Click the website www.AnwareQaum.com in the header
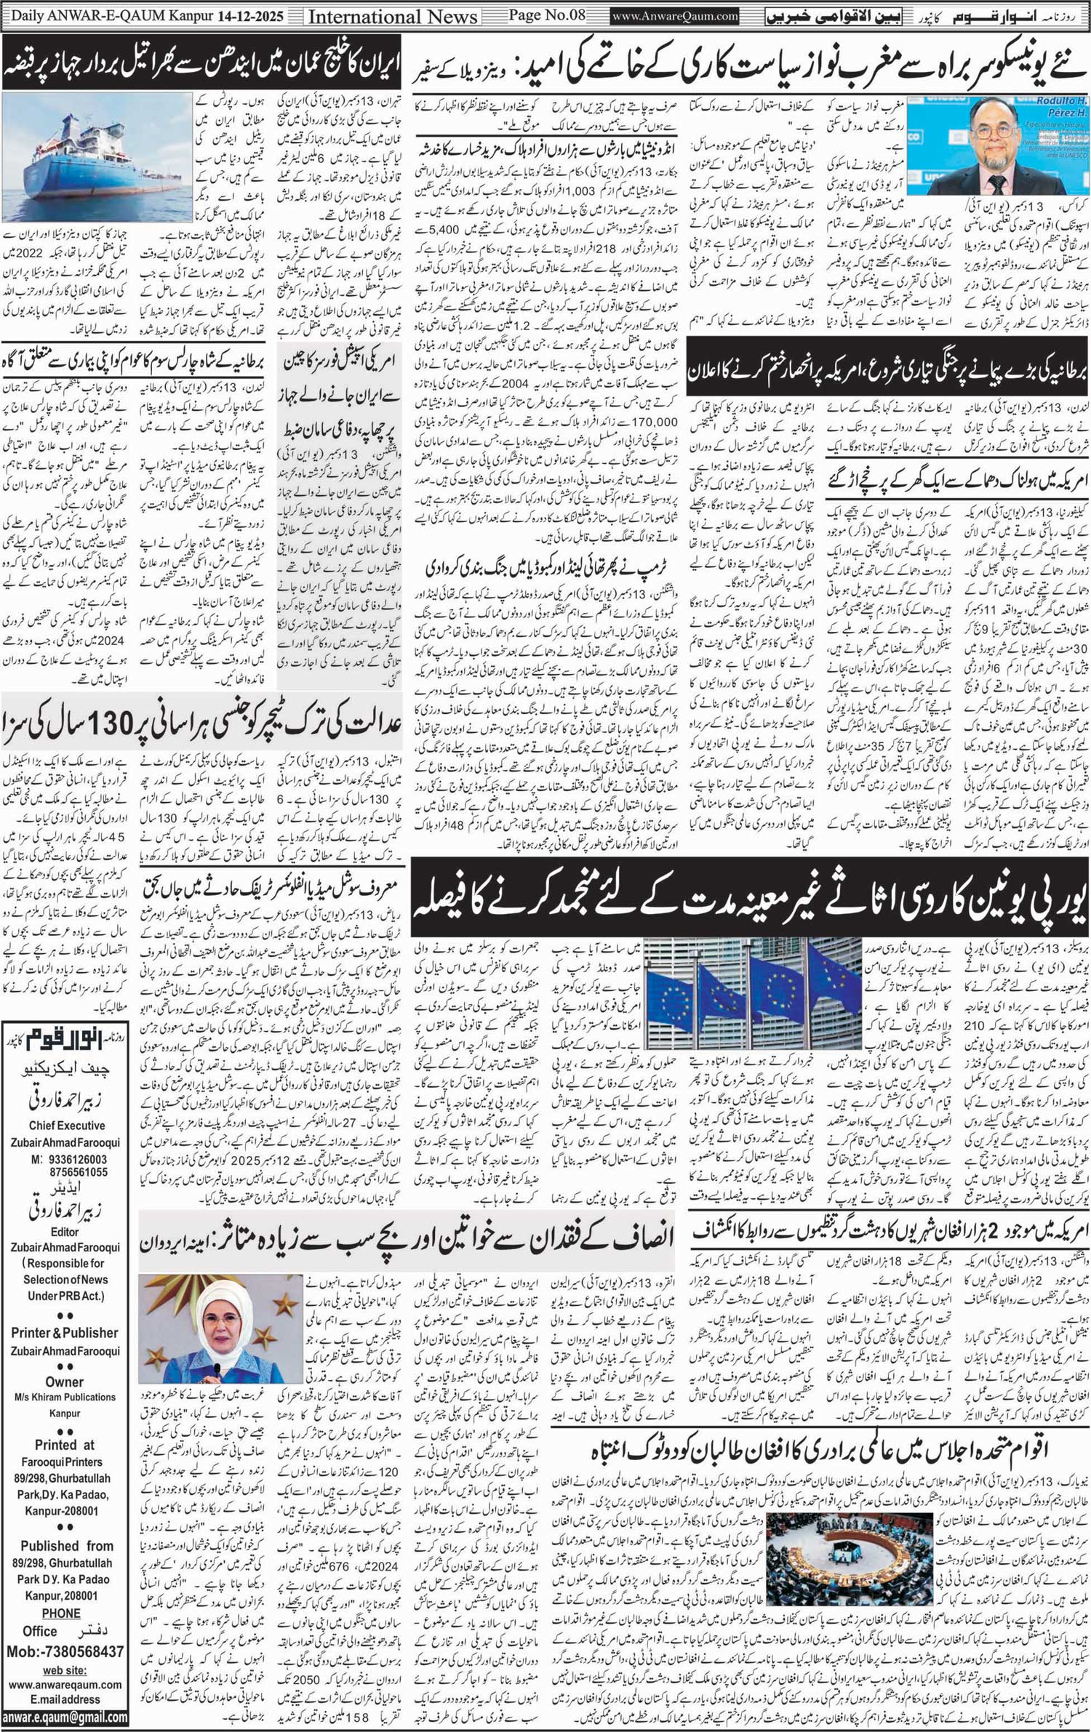coord(675,15)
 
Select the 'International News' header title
coord(393,16)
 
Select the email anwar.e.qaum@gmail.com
coord(65,1715)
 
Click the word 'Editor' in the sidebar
coord(65,1232)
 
